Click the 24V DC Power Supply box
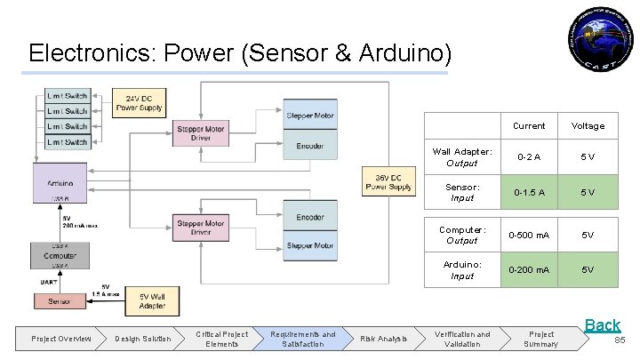139,103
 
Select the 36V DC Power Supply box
388,181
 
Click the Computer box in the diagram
60,254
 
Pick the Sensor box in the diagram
60,301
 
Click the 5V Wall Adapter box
152,300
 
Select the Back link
602,325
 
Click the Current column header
529,126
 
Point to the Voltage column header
588,126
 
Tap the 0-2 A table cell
529,157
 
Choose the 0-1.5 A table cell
529,193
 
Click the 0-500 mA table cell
529,235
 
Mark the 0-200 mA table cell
529,269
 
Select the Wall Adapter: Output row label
461,157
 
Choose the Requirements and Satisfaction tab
303,339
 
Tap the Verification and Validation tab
461,339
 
